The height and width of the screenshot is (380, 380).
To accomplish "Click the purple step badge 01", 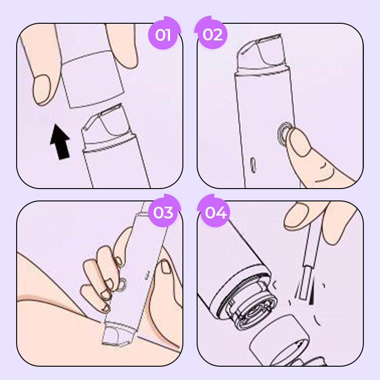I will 163,35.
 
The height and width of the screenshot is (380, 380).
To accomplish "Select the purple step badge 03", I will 163,212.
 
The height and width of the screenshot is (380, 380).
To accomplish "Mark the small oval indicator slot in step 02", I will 253,164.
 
